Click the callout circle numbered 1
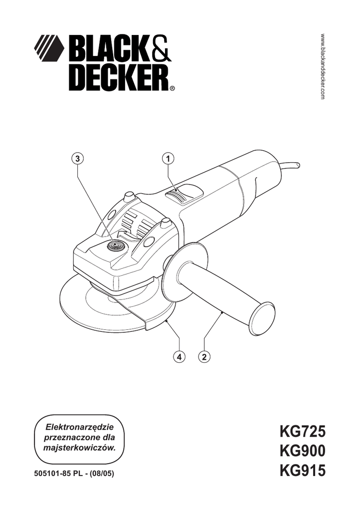click(x=169, y=158)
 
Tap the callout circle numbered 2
click(x=203, y=357)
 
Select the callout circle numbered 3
click(x=77, y=158)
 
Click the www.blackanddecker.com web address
click(x=323, y=67)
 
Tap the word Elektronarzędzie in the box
click(x=80, y=428)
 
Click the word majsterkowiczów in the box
click(x=80, y=448)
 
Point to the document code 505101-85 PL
click(x=59, y=473)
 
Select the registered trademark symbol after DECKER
click(x=173, y=90)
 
